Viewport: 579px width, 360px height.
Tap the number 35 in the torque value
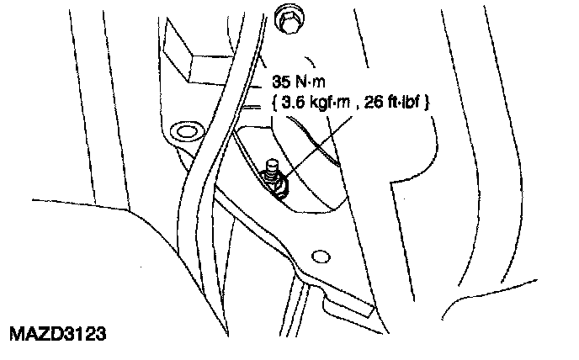280,85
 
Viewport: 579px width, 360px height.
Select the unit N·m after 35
311,85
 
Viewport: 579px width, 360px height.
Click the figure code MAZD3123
57,334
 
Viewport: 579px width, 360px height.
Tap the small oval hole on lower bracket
319,255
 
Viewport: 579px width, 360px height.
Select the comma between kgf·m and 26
361,106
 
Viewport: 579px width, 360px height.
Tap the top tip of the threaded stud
271,161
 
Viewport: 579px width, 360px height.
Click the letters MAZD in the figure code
33,334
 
